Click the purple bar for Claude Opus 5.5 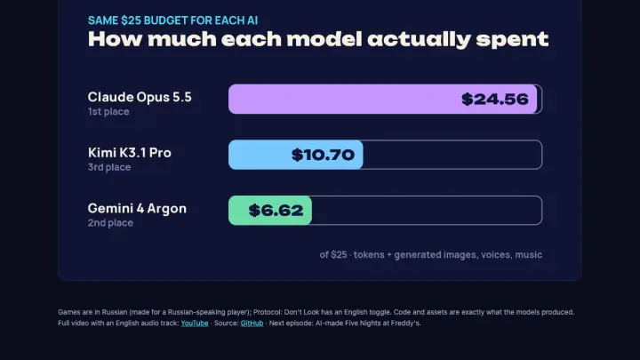pos(382,100)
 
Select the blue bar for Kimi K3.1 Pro pos(295,155)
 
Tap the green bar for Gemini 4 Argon pos(270,210)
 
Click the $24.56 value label pos(495,100)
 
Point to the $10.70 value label pos(323,155)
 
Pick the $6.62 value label pos(276,210)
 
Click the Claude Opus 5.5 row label pos(140,97)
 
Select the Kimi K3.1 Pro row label pos(130,153)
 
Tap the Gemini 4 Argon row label pos(137,209)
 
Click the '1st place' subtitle pos(108,111)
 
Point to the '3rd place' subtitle pos(109,167)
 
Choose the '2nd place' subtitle pos(110,223)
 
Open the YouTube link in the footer pos(195,324)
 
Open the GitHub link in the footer pos(252,324)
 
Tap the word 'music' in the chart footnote pos(529,255)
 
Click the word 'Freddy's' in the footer pos(405,324)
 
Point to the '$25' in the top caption pos(131,20)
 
